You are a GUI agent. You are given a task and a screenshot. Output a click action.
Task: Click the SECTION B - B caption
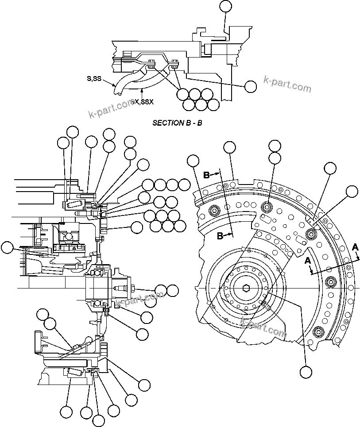click(177, 123)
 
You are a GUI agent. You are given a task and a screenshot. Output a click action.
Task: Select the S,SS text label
click(94, 79)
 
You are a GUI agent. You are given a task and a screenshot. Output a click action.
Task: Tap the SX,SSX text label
click(143, 102)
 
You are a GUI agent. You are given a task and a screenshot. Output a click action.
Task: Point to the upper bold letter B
click(207, 175)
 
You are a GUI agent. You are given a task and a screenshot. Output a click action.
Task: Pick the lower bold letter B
click(220, 236)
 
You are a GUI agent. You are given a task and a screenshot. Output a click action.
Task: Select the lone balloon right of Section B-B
click(251, 87)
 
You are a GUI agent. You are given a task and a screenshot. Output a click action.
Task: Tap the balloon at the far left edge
click(7, 248)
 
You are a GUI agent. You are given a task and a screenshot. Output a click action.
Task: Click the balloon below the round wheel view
click(305, 371)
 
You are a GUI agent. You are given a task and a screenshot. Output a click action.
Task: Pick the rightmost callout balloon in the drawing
click(352, 191)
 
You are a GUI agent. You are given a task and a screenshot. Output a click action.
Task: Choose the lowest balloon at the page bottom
click(98, 421)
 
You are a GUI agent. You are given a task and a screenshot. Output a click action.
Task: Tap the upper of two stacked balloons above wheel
click(275, 146)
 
